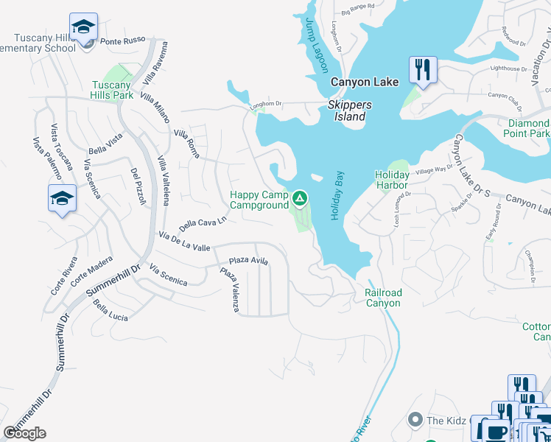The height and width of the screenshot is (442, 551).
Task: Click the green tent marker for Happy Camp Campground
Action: pyautogui.click(x=300, y=197)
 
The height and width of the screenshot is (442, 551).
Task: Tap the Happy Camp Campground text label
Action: pyautogui.click(x=259, y=200)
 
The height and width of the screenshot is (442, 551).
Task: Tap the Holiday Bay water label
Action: pyautogui.click(x=337, y=195)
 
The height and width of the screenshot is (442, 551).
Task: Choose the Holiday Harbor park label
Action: pyautogui.click(x=392, y=180)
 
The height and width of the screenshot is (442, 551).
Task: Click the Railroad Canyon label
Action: pyautogui.click(x=383, y=298)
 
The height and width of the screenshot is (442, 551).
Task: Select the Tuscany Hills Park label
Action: pyautogui.click(x=112, y=90)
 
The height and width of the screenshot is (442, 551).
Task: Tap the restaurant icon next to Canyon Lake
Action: pyautogui.click(x=423, y=70)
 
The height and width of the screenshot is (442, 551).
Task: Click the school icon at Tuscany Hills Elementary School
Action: pyautogui.click(x=84, y=27)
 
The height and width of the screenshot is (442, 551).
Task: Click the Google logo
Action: pyautogui.click(x=24, y=432)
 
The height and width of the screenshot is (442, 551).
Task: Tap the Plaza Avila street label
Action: pyautogui.click(x=248, y=260)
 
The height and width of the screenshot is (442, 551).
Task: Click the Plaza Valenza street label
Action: pyautogui.click(x=230, y=289)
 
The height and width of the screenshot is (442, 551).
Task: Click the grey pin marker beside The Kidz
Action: pyautogui.click(x=415, y=421)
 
